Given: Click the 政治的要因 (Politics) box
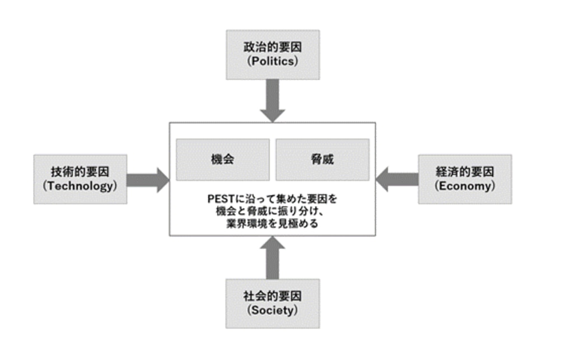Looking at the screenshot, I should [x=273, y=54].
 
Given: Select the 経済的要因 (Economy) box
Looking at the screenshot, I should [x=465, y=179].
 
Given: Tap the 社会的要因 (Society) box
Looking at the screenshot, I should [x=273, y=303].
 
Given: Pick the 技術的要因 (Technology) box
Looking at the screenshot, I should [x=80, y=179].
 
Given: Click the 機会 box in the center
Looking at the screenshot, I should [x=222, y=160].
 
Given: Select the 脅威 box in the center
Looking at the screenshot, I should [x=322, y=160].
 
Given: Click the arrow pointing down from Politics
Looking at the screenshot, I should [x=273, y=101].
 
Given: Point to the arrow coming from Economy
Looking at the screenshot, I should [x=397, y=179].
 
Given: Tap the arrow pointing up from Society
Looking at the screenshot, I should [x=273, y=258].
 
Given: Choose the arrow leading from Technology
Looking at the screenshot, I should [x=148, y=179].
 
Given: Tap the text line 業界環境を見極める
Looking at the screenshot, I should [x=273, y=224].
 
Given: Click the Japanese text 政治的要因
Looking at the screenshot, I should [x=273, y=47].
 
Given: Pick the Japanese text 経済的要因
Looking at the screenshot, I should [x=465, y=172].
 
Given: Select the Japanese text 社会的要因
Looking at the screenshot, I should [x=273, y=296].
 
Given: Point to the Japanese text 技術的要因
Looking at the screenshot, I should [x=80, y=172].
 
